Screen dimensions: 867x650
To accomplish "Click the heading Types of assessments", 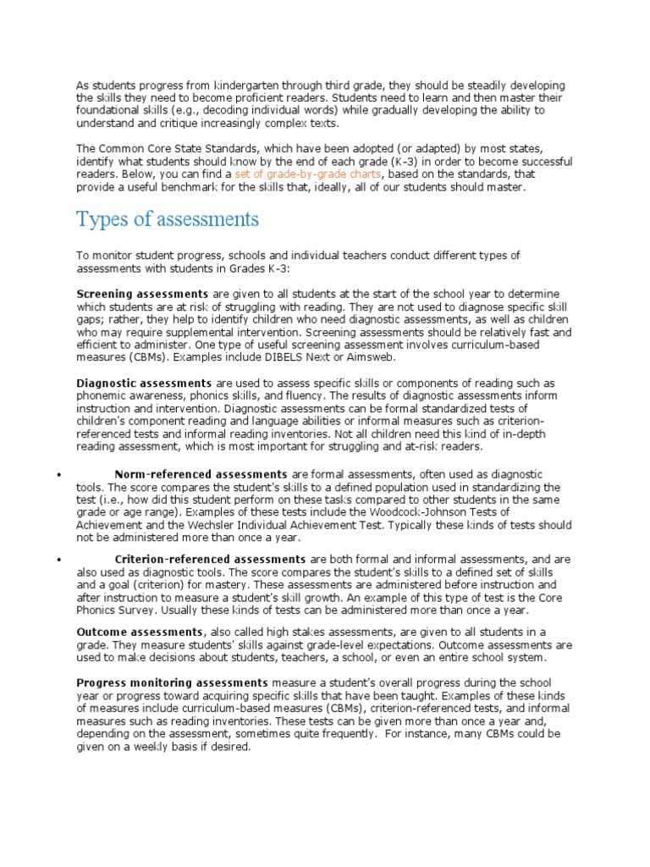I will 168,219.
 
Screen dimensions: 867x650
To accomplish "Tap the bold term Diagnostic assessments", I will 144,383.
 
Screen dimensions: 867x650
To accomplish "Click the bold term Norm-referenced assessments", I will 201,474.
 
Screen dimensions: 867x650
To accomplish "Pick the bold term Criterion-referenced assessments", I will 210,559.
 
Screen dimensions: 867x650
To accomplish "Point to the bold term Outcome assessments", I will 140,632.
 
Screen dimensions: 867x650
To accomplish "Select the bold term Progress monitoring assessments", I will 173,682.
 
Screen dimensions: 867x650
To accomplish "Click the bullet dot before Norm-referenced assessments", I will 59,475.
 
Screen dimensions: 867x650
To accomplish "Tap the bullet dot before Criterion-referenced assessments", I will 59,560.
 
